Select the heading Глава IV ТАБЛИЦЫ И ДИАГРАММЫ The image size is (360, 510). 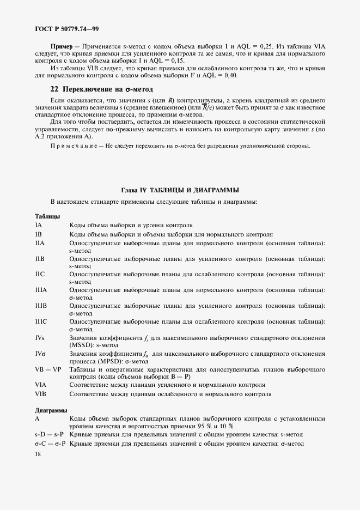[180, 190]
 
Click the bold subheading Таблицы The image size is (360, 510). [47, 216]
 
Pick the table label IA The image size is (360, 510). [39, 225]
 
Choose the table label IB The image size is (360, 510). [39, 234]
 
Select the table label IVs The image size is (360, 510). [40, 338]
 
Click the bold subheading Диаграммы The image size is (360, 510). [51, 410]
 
